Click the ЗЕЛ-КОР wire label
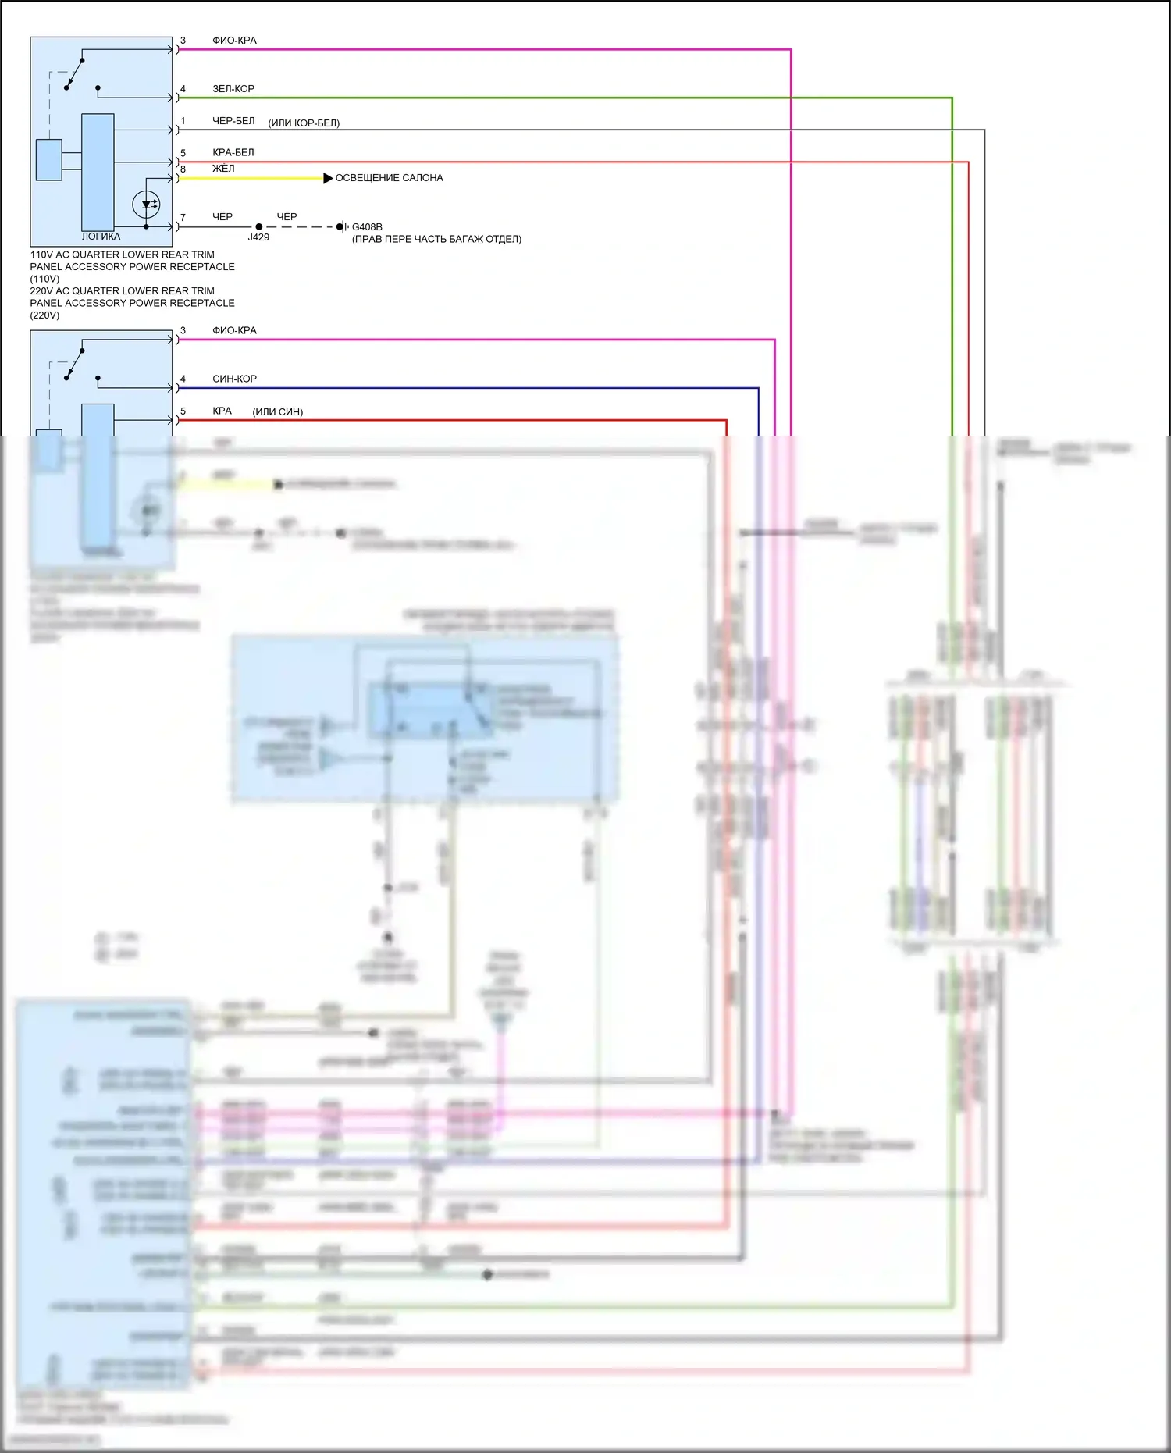233,89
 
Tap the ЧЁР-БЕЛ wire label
233,121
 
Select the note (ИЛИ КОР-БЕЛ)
304,123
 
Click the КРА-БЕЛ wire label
233,153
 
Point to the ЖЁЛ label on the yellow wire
223,169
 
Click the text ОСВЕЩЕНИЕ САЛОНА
389,178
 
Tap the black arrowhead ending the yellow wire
328,179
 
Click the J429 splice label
258,237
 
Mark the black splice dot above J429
259,227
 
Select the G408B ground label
367,227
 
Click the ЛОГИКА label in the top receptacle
101,237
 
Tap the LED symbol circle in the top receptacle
146,205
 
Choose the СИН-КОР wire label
234,379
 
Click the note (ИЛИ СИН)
277,412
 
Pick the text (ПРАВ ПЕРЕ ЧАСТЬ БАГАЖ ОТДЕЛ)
436,239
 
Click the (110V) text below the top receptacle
44,279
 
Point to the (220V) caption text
44,315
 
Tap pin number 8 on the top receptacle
183,169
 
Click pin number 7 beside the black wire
183,218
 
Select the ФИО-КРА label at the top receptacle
234,41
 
